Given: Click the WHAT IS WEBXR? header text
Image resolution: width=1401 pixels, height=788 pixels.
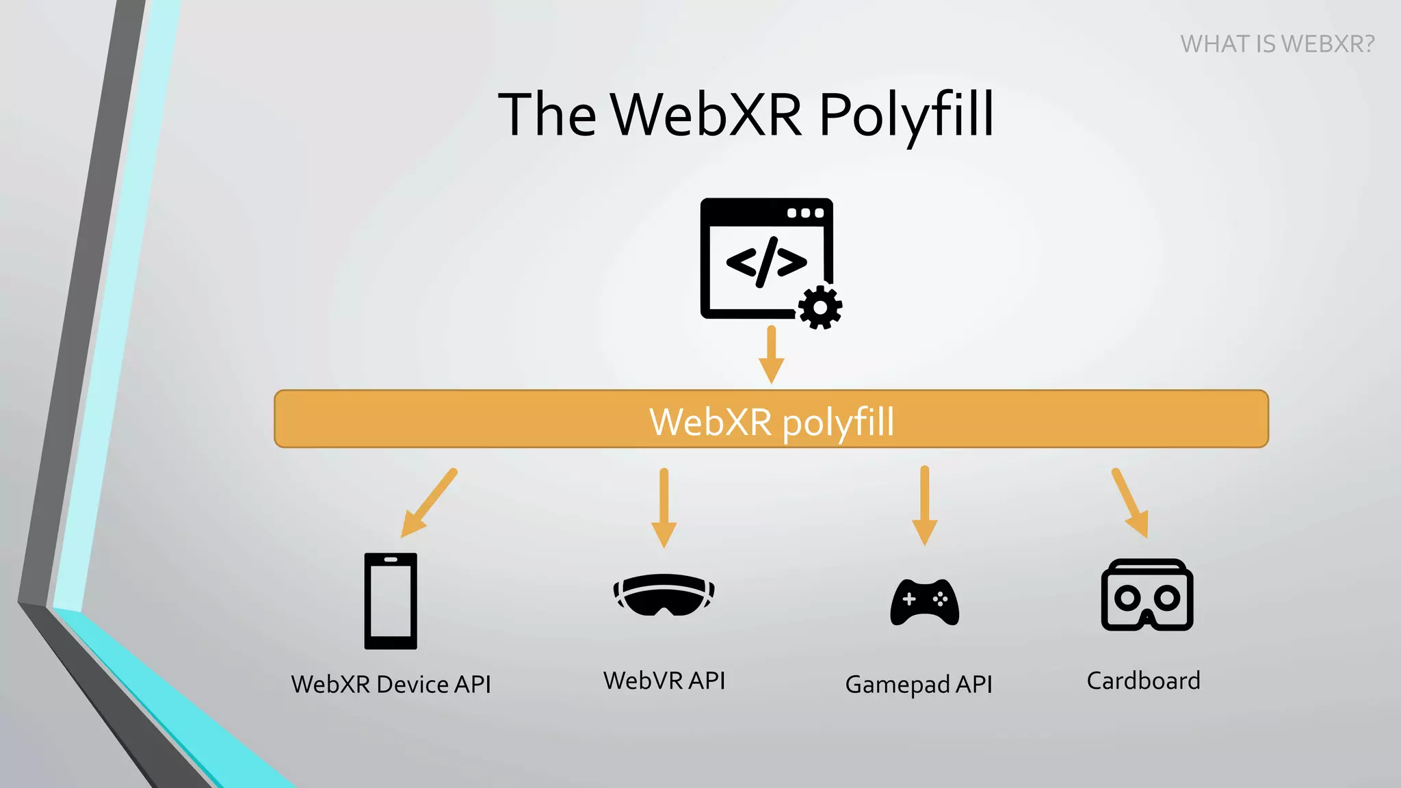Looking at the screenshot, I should click(1276, 44).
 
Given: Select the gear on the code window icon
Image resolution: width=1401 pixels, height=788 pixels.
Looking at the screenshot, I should click(820, 308).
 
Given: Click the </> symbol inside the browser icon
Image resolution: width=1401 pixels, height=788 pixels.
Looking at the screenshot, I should click(766, 262).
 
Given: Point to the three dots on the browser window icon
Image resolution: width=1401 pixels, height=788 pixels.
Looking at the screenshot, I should click(805, 213).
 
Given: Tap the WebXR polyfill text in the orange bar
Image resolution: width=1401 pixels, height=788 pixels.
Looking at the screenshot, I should click(771, 421).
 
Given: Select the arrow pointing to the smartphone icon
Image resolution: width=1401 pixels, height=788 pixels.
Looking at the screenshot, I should click(428, 503).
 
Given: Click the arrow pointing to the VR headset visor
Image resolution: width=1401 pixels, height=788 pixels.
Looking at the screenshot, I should click(664, 508).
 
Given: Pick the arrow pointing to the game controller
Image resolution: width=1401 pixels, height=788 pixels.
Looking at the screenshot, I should click(924, 505).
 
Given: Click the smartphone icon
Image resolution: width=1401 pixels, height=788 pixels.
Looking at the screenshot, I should click(390, 601).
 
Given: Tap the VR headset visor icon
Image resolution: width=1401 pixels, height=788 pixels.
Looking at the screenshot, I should click(664, 594).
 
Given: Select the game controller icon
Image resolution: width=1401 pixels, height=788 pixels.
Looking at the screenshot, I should click(924, 602).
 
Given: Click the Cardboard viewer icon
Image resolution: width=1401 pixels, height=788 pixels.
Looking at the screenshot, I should click(1147, 595).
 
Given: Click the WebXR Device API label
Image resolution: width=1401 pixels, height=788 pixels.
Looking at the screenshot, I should click(391, 684).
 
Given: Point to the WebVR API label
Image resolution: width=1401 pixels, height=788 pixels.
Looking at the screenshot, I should click(664, 681).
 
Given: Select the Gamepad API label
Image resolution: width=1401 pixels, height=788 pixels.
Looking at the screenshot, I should click(918, 684).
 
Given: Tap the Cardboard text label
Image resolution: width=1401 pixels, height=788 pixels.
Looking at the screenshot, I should click(1143, 681).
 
